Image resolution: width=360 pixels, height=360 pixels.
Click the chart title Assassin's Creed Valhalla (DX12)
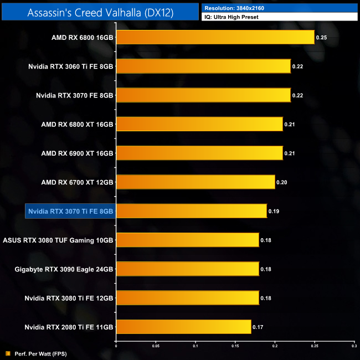click(100, 12)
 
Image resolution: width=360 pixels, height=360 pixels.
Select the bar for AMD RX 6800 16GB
click(215, 38)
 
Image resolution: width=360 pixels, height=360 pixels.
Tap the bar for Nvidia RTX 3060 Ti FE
click(203, 66)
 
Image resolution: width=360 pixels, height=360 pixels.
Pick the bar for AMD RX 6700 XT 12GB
click(195, 182)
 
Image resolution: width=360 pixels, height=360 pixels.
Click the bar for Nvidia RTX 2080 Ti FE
click(183, 327)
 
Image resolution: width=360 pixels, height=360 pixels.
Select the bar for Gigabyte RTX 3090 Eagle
click(187, 269)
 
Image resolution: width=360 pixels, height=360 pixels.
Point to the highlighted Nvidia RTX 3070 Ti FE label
click(70, 212)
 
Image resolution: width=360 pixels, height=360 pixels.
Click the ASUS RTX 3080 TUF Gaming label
click(58, 240)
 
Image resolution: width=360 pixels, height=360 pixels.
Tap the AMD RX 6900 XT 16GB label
click(78, 153)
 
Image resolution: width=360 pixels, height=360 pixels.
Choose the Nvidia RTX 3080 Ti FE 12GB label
click(69, 299)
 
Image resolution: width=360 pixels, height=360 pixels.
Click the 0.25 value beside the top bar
click(321, 38)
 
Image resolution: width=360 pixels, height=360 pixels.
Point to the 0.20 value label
click(281, 183)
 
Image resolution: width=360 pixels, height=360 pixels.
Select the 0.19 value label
click(273, 212)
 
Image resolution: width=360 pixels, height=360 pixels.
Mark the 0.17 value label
click(258, 327)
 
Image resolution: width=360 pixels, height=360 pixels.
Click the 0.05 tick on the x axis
click(156, 347)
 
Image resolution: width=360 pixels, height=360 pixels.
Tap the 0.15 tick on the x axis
click(235, 347)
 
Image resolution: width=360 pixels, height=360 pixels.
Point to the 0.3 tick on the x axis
click(354, 347)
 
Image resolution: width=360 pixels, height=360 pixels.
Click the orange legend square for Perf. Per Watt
click(7, 353)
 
